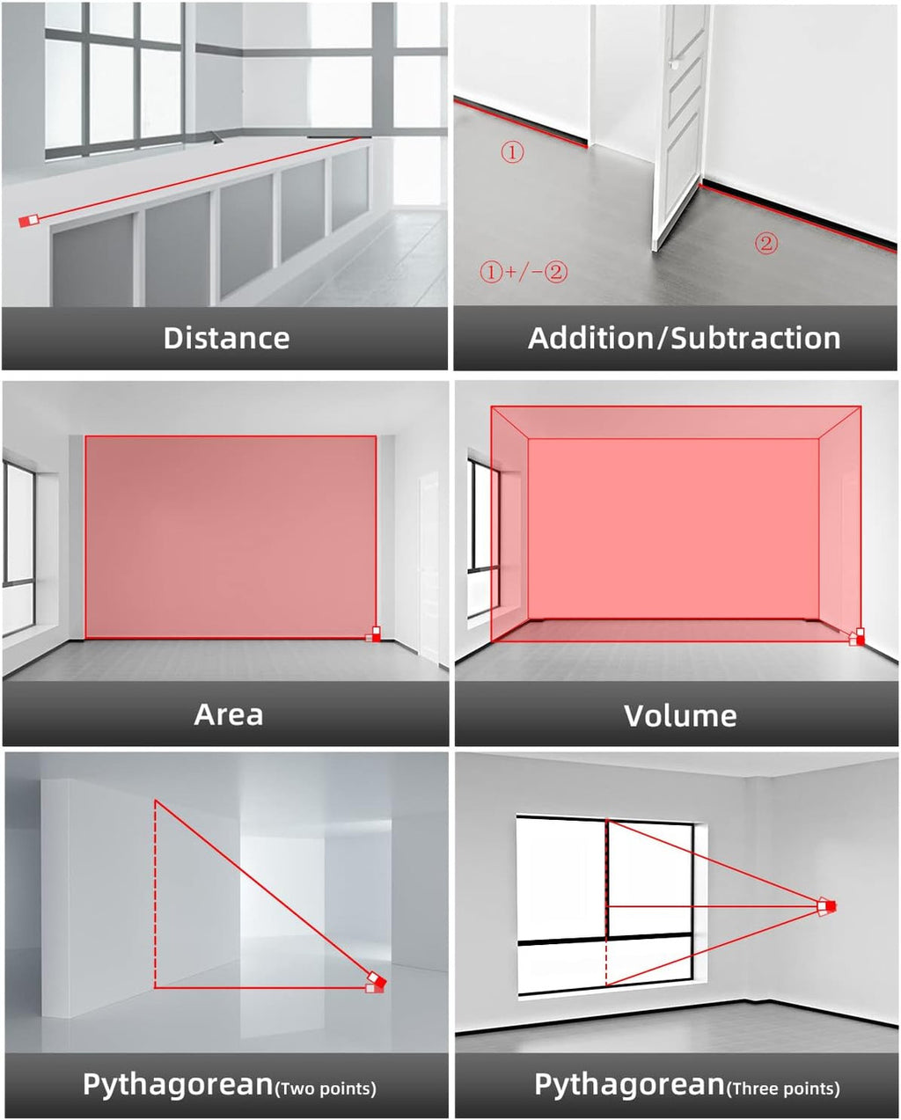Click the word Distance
(226, 339)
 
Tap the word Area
(229, 714)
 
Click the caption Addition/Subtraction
(684, 339)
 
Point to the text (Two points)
(326, 1088)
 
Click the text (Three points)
(783, 1088)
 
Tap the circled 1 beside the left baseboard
(512, 152)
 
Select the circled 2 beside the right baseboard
(766, 244)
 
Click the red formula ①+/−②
(524, 272)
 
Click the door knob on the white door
(673, 64)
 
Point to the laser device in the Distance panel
(29, 221)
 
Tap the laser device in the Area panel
(374, 633)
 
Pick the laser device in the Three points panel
(826, 906)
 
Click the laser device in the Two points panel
(377, 983)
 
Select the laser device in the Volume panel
(857, 636)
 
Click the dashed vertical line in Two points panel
(155, 894)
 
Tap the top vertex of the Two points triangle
(155, 801)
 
